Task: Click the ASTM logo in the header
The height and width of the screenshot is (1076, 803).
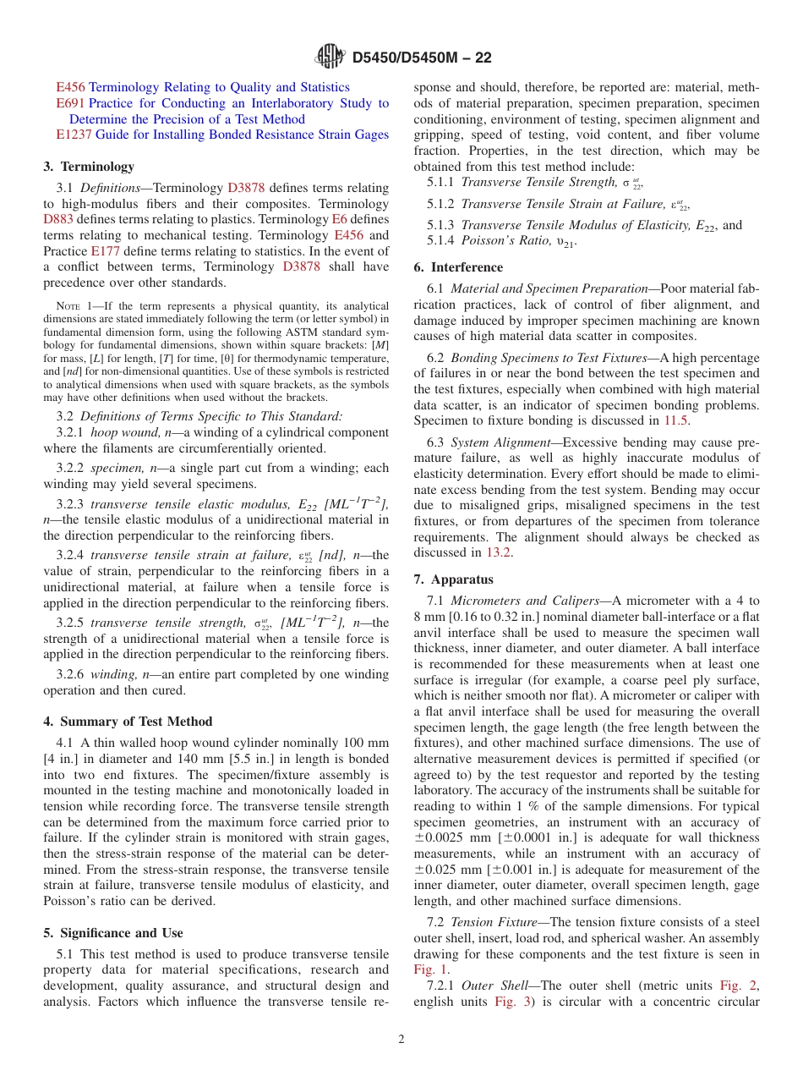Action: click(x=329, y=57)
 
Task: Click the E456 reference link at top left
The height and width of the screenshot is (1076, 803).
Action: click(x=70, y=87)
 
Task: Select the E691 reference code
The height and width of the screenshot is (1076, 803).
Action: click(x=70, y=103)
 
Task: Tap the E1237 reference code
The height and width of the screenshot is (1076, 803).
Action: click(x=74, y=134)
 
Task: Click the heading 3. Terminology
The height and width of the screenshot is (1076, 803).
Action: click(x=89, y=167)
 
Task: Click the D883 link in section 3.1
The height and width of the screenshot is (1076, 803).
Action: click(x=58, y=219)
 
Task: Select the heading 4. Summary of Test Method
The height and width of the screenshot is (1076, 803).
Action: click(x=128, y=722)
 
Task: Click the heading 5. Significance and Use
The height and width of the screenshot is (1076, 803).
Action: click(x=112, y=933)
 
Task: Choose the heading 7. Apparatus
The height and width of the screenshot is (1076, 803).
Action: click(x=454, y=579)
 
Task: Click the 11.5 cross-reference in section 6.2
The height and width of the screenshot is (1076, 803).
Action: click(x=676, y=420)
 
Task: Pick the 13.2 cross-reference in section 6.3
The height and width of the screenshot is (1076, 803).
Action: click(x=497, y=552)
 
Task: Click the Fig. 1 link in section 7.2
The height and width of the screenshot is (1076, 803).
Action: click(x=429, y=969)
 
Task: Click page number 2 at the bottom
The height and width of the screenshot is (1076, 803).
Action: click(x=401, y=1040)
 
